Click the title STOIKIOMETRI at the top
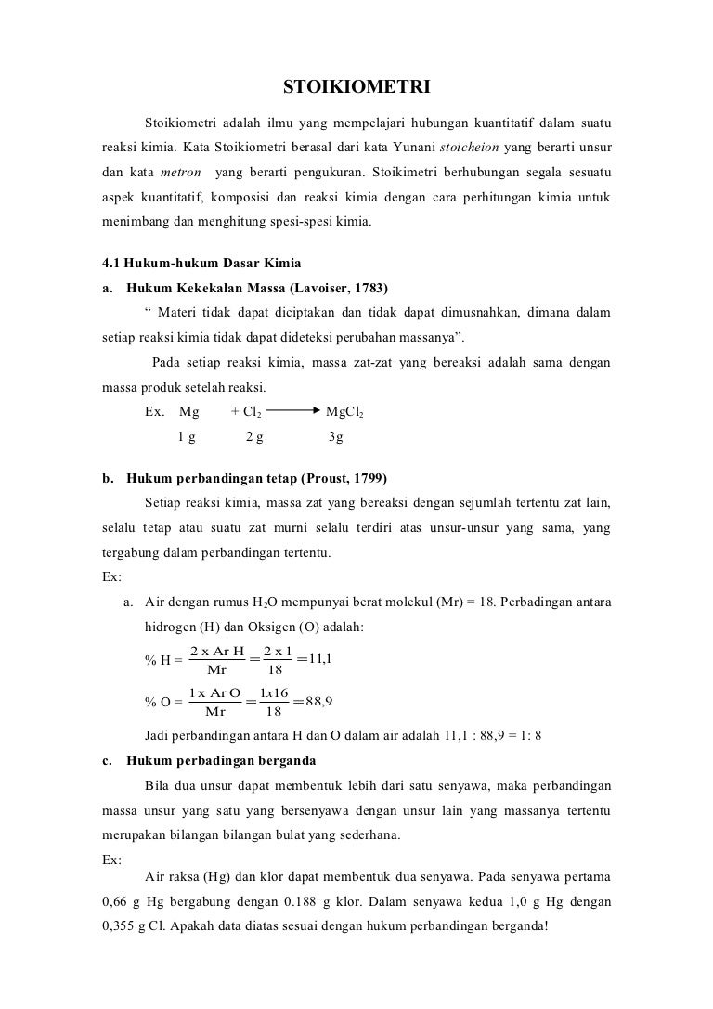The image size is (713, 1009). (x=356, y=88)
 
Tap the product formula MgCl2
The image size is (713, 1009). (x=344, y=411)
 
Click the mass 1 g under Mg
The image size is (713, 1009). (x=187, y=436)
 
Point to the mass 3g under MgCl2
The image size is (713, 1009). (x=336, y=436)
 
